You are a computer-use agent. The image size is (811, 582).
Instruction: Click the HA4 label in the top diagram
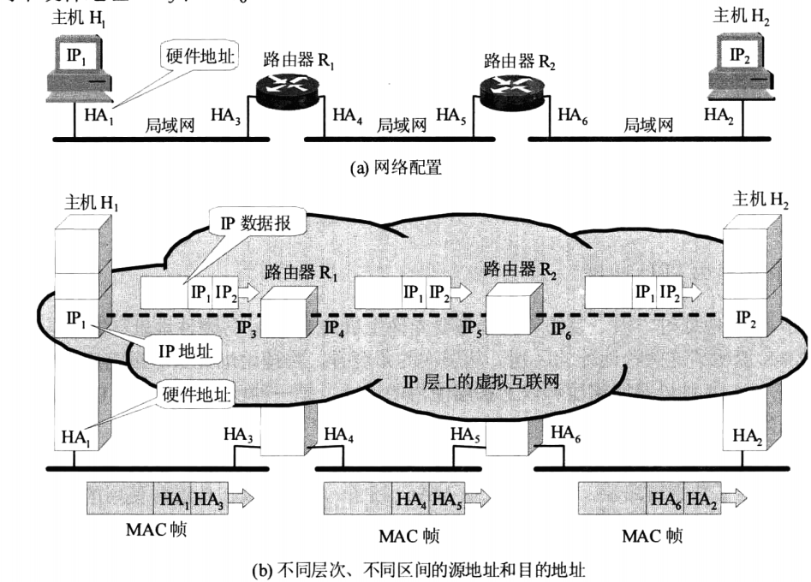point(347,116)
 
